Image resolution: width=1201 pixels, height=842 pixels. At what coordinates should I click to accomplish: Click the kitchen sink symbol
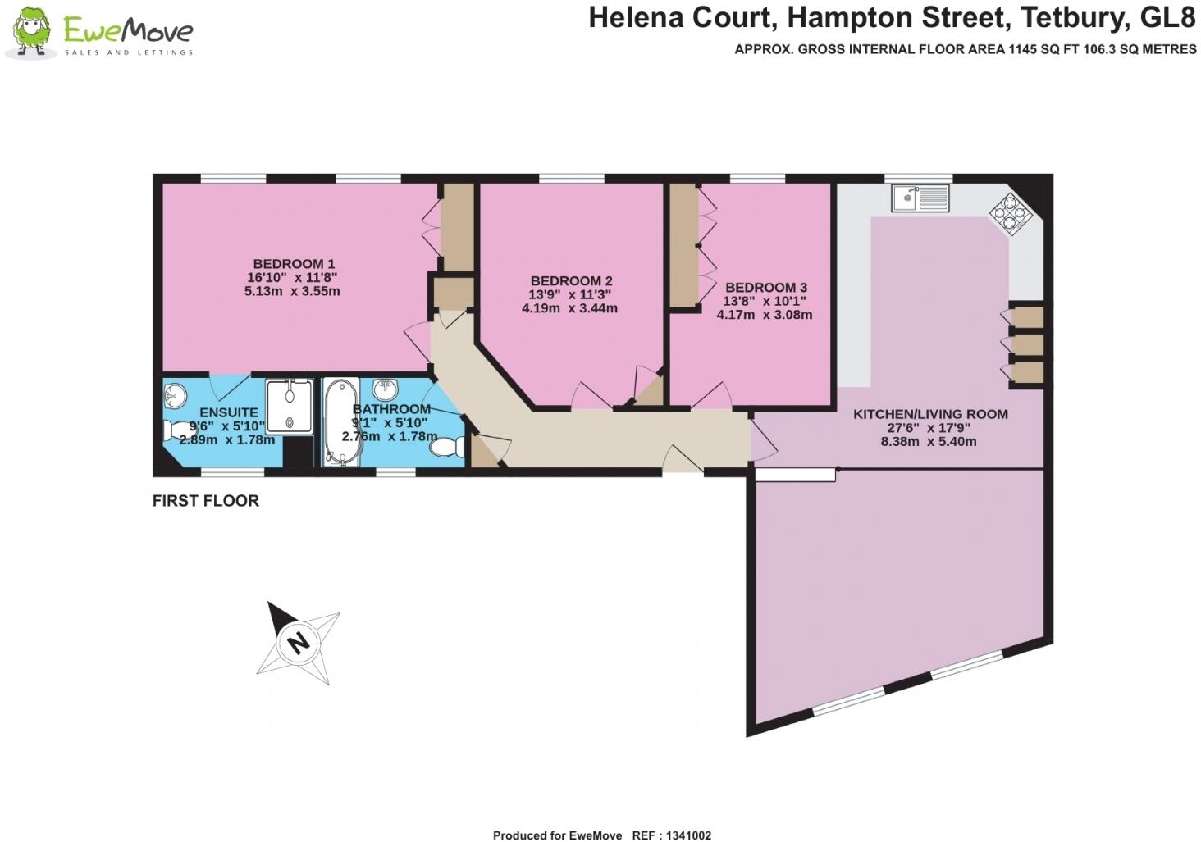coord(920,198)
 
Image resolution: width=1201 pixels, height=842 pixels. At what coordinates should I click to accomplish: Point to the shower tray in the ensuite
coord(290,404)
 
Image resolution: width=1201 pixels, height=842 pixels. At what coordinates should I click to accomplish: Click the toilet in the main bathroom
coord(448,448)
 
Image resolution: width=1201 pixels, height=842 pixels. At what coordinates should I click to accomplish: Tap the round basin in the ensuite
coord(174,397)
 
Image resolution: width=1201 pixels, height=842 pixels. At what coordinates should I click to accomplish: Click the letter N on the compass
coord(299,642)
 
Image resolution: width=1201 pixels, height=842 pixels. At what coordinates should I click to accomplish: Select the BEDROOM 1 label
coord(294,264)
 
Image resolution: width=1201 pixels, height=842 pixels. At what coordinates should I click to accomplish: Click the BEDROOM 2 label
coord(571,281)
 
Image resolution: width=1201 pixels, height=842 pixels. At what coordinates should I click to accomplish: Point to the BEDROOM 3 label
coord(765,288)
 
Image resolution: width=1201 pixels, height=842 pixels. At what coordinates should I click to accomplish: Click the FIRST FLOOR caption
coord(206,501)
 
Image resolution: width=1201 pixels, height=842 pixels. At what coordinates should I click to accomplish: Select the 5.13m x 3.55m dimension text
coord(292,291)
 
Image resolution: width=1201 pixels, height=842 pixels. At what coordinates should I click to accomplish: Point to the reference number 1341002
coord(683,835)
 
